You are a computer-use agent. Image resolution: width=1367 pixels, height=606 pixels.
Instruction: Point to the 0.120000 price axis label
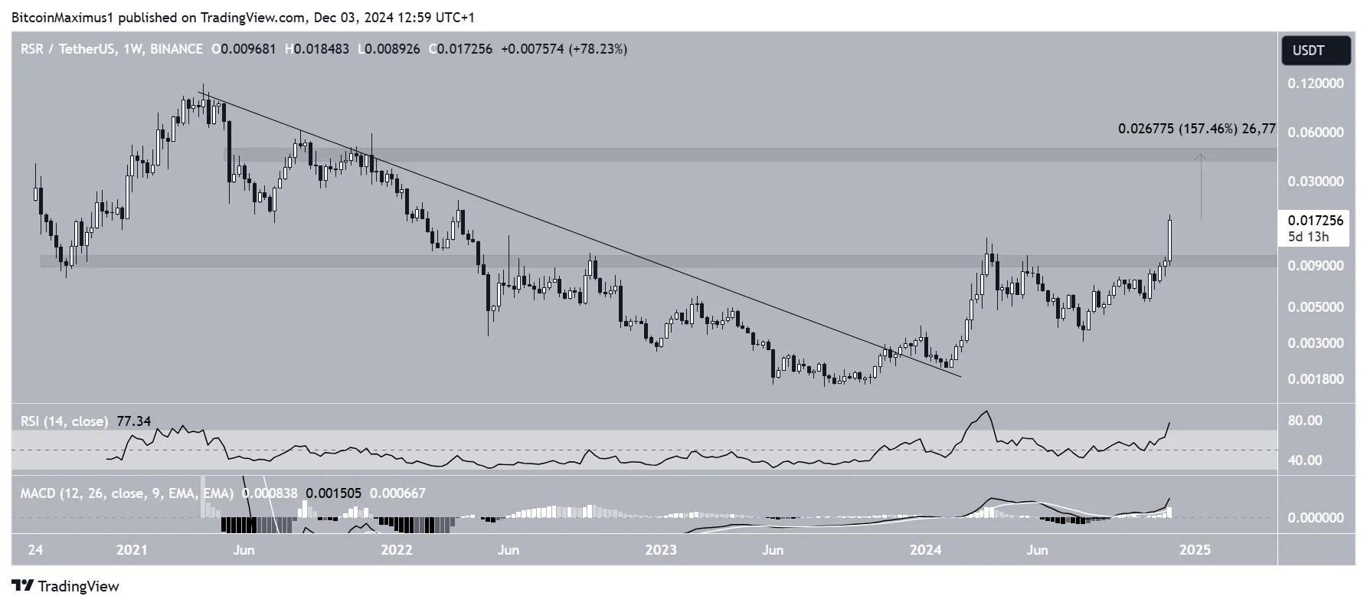[1315, 83]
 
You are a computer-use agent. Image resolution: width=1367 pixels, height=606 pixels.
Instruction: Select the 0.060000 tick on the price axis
[1315, 133]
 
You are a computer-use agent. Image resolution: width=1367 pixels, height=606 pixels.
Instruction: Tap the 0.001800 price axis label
[1315, 378]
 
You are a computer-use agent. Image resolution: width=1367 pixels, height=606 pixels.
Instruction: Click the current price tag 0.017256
[1315, 221]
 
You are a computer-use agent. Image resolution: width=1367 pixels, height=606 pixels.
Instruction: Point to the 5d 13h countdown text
[1308, 237]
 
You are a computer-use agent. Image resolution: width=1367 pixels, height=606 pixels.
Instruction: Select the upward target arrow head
[1201, 156]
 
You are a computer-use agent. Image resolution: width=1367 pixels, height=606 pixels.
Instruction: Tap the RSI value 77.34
[133, 421]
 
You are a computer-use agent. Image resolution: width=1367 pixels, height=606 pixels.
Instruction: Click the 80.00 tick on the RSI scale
[1304, 421]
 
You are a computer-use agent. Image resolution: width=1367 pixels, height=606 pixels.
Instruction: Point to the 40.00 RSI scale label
[1304, 460]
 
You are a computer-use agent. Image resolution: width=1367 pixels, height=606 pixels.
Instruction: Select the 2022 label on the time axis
[396, 550]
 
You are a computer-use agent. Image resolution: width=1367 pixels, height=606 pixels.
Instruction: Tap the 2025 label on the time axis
[1194, 550]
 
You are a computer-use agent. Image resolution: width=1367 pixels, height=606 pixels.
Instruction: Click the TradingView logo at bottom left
[67, 586]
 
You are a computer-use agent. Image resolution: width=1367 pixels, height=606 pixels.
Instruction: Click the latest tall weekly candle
[1169, 240]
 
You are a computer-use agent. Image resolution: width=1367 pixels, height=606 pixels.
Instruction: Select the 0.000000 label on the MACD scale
[1315, 518]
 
